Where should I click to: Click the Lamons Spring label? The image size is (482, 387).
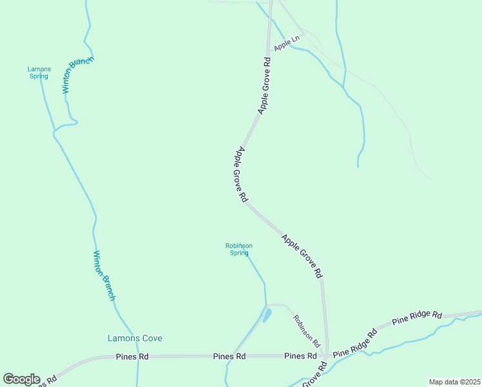coord(39,72)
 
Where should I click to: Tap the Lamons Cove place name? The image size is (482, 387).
coord(134,338)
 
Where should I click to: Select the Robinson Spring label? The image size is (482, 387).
coord(238,249)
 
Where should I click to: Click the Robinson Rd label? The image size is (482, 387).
coord(307,328)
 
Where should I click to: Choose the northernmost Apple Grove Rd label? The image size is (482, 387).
coord(264,86)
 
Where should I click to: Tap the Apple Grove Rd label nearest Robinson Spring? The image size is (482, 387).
coord(302,256)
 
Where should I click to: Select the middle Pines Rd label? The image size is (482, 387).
coord(229,356)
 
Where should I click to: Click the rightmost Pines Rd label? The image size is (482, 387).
coord(300,356)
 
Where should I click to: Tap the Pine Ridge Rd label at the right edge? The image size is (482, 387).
coord(418,317)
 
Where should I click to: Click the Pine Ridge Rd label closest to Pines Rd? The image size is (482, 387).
coord(354,343)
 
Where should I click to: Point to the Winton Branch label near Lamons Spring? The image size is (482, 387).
coord(78,75)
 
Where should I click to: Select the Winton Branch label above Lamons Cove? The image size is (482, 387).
coord(104,275)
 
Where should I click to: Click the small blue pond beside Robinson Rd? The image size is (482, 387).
coord(267,315)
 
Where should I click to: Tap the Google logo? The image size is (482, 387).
coord(21,379)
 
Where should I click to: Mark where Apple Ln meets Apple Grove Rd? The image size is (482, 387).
coord(269,52)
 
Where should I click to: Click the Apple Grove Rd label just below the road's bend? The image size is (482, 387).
coord(242,175)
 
